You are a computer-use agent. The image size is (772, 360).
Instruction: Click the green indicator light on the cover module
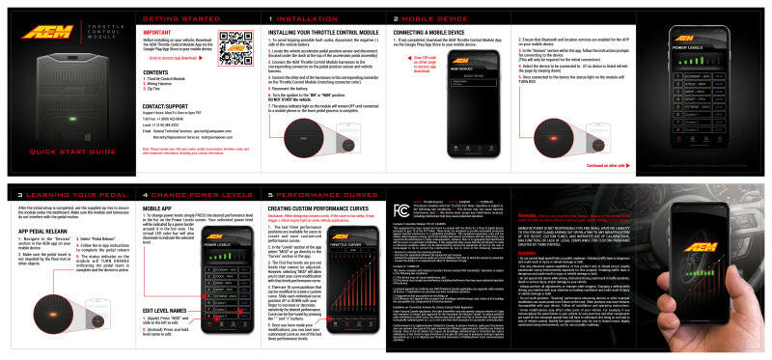[72, 119]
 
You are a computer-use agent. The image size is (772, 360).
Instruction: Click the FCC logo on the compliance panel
[402, 209]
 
